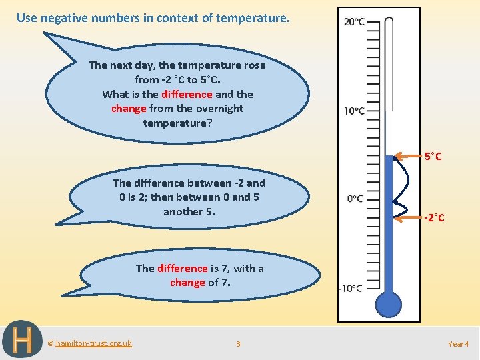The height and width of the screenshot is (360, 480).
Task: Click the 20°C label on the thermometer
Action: click(354, 22)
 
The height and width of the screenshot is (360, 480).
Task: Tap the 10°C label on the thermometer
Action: click(354, 111)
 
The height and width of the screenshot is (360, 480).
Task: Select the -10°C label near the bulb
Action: click(351, 288)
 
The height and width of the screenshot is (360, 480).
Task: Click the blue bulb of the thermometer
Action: click(389, 304)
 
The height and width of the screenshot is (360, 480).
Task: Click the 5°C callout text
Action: click(433, 157)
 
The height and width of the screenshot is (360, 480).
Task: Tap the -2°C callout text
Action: click(434, 218)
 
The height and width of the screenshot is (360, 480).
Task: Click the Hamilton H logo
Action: click(21, 341)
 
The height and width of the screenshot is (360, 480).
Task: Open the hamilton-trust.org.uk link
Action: click(93, 343)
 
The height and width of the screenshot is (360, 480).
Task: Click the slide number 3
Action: click(238, 344)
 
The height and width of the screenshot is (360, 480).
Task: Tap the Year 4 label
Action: click(459, 344)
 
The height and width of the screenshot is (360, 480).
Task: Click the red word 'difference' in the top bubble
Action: click(186, 94)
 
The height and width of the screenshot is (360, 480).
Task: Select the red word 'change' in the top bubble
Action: click(129, 109)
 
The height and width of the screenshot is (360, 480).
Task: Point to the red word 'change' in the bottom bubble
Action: click(187, 283)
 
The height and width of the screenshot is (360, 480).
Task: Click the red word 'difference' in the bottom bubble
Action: click(182, 268)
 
